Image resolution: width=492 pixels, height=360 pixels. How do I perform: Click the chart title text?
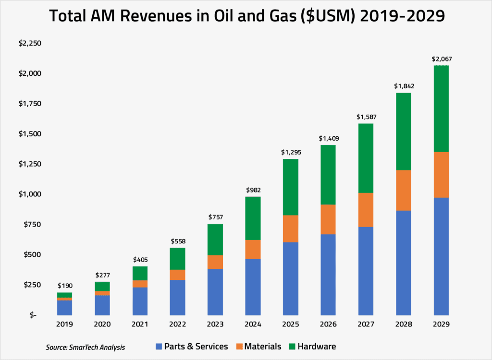(x=246, y=17)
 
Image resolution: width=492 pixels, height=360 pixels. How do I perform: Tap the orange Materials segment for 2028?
(x=404, y=190)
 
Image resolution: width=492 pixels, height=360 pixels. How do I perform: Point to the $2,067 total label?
(x=441, y=60)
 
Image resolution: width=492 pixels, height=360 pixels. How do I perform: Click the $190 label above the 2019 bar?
(x=65, y=286)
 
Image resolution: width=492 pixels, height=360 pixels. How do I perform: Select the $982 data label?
(x=253, y=191)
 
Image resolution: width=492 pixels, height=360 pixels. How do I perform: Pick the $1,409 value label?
(x=328, y=139)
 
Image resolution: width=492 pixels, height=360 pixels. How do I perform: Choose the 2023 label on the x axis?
(x=215, y=324)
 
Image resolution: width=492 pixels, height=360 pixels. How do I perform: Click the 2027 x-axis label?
(x=366, y=324)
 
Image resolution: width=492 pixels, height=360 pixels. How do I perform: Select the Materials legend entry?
(x=263, y=346)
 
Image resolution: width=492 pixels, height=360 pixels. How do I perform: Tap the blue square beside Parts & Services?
(x=160, y=346)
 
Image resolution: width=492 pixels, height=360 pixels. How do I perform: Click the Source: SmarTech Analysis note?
(x=86, y=347)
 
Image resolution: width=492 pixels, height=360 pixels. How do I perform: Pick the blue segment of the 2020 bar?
(x=102, y=305)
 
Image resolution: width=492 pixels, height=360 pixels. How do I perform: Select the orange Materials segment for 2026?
(x=328, y=219)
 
